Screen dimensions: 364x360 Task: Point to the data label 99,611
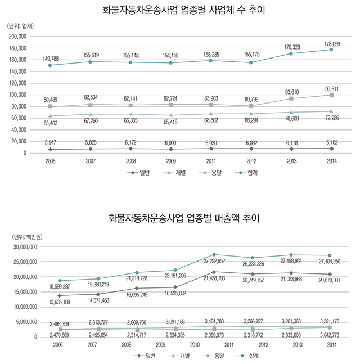coord(331,88)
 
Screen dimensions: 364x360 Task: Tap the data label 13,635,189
coord(56,303)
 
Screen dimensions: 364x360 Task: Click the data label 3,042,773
coord(331,335)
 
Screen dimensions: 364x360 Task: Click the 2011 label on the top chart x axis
coord(214,160)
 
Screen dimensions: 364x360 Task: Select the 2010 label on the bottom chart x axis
coord(196,344)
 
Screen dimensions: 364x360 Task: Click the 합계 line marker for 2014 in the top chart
coord(331,50)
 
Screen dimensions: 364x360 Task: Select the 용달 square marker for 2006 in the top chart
coord(51,106)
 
